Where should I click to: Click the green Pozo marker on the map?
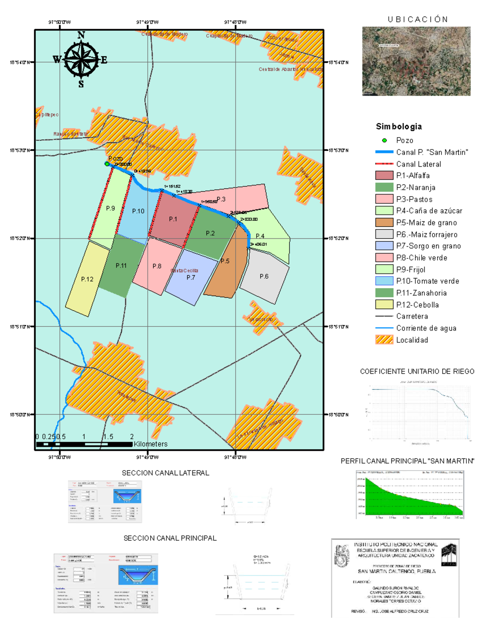tap(107, 164)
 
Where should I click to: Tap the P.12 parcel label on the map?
tap(87, 279)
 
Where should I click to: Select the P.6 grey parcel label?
tap(264, 276)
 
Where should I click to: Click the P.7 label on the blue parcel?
tap(191, 278)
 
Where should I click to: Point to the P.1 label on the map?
tap(173, 219)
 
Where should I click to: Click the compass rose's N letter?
tap(81, 35)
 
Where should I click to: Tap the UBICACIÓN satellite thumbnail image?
tap(416, 61)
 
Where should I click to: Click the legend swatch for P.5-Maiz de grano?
tap(384, 223)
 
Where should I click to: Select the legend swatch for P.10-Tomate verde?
tap(384, 281)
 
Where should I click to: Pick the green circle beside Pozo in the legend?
tap(384, 140)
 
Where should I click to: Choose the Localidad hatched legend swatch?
tap(384, 340)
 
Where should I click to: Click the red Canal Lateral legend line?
tap(384, 164)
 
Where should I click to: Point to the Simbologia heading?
tap(399, 127)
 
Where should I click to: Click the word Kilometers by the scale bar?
tap(151, 444)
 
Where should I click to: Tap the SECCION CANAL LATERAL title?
tap(165, 473)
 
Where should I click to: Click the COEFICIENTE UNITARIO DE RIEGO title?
tap(417, 372)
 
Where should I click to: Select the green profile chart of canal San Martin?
tap(409, 495)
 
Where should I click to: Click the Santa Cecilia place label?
tap(184, 271)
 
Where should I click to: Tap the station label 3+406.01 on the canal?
tap(258, 244)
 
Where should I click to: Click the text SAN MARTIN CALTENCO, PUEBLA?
tap(396, 571)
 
